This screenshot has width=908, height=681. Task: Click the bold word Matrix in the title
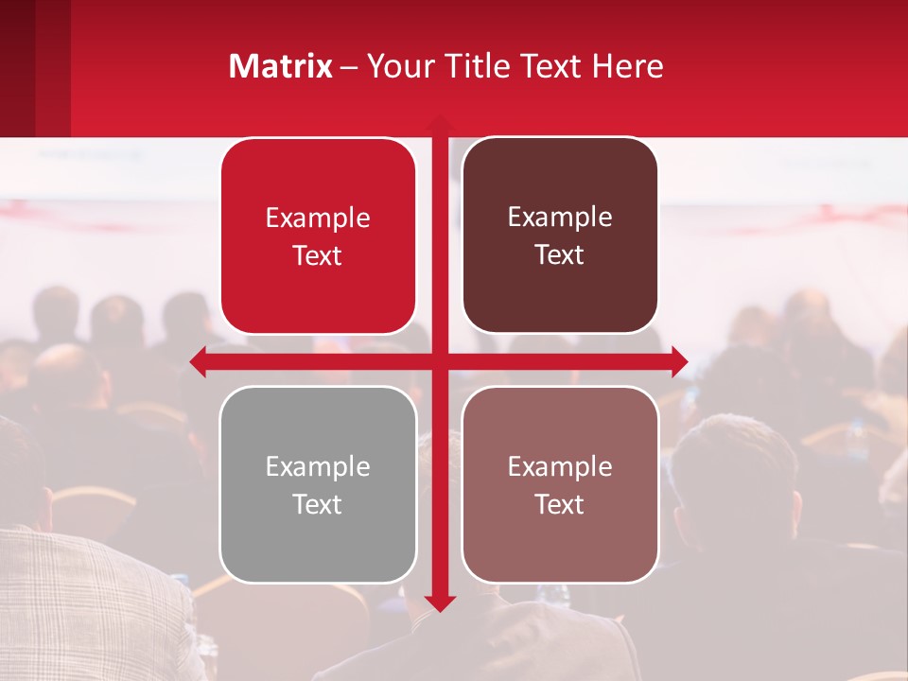click(281, 66)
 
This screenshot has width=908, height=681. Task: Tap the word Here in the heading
click(628, 66)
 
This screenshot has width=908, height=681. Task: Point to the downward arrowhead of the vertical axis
click(439, 602)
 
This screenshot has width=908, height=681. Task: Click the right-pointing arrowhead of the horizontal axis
click(679, 361)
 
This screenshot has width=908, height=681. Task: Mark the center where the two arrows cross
click(439, 361)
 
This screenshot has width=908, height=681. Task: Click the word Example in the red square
click(318, 218)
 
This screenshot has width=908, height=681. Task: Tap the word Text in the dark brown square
click(560, 255)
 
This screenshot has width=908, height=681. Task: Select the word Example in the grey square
click(318, 467)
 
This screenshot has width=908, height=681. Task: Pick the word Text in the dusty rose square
click(560, 504)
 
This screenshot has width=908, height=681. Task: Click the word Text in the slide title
click(549, 66)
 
